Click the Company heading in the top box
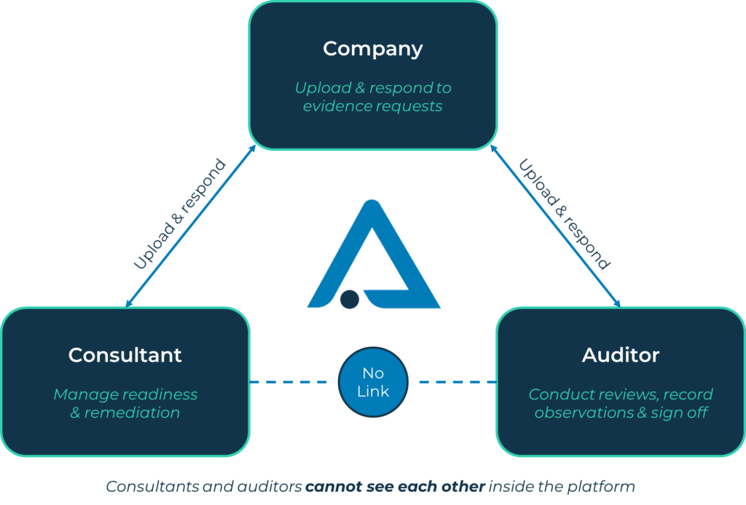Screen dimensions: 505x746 (x=372, y=49)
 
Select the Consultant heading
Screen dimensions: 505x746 (x=125, y=355)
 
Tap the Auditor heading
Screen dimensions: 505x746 (x=620, y=355)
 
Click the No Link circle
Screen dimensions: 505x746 (x=373, y=382)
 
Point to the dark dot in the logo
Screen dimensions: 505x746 (x=350, y=299)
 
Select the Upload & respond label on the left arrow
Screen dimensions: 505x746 (x=179, y=215)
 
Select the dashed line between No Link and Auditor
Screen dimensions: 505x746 (x=456, y=382)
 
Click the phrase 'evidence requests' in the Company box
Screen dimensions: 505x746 (x=372, y=106)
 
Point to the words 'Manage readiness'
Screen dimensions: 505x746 (x=125, y=394)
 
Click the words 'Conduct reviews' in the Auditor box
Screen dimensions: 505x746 (x=581, y=394)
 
